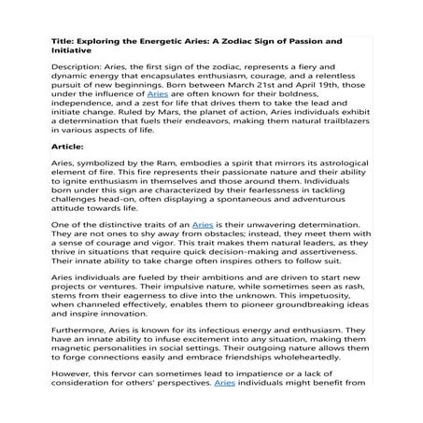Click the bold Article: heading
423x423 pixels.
(x=64, y=146)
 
